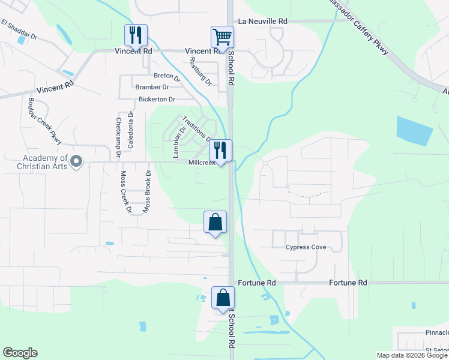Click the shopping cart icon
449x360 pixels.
(222, 37)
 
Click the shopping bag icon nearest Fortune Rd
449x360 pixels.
(223, 298)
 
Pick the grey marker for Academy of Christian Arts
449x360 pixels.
(76, 161)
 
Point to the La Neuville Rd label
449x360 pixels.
(263, 21)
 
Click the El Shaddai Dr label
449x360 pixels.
(20, 31)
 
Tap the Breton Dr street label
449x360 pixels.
(167, 76)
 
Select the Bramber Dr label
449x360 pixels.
(153, 87)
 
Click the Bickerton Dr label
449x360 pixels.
(156, 99)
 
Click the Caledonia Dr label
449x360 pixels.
(130, 130)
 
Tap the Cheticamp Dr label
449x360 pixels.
(118, 137)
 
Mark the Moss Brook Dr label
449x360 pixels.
(146, 192)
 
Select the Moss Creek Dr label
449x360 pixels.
(125, 192)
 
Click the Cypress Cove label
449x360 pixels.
(306, 247)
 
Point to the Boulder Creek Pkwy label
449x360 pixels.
(45, 121)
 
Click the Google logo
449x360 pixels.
(20, 353)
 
